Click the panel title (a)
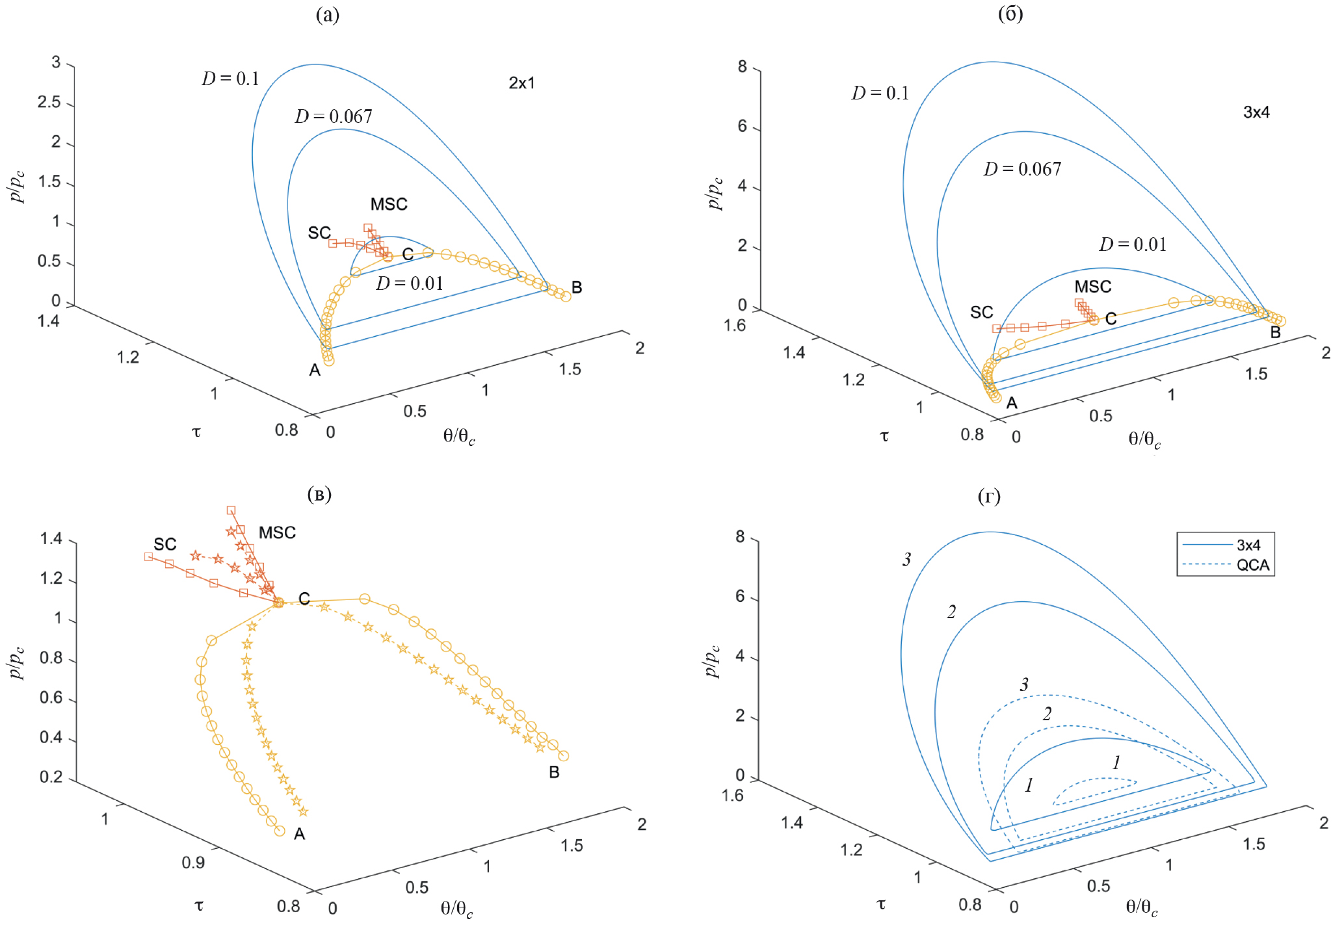click(327, 14)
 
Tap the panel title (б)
click(1010, 14)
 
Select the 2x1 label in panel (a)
click(521, 83)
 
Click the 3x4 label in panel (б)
click(1256, 112)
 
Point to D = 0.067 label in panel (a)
click(334, 116)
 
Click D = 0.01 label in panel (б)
click(1133, 244)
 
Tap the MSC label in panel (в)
click(277, 533)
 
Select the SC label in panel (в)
click(165, 545)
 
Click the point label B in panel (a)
click(577, 287)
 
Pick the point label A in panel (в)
click(299, 834)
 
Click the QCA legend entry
click(1252, 565)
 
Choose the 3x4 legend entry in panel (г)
click(1248, 545)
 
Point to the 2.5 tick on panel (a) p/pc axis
click(49, 103)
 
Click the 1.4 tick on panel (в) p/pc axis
click(51, 539)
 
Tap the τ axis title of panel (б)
click(884, 436)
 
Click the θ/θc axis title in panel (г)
click(1141, 907)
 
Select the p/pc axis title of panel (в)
click(18, 662)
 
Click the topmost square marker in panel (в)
click(231, 510)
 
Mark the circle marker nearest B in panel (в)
click(564, 756)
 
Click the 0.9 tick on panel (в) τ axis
click(193, 863)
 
